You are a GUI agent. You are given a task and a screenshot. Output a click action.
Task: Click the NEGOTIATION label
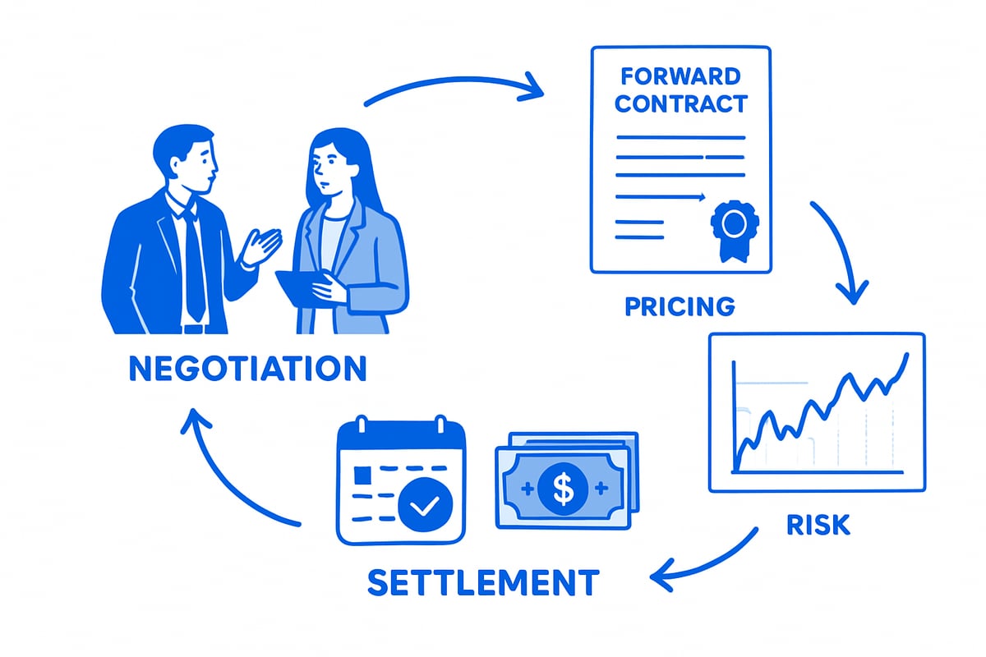click(247, 369)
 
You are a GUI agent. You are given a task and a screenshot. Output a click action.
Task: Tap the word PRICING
click(679, 306)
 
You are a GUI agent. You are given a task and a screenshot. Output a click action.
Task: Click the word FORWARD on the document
click(680, 77)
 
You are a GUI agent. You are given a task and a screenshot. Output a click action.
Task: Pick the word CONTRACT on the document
click(680, 104)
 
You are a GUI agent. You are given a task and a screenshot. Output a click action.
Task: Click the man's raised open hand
click(262, 246)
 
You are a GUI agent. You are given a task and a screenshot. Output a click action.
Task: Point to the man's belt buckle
click(194, 328)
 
